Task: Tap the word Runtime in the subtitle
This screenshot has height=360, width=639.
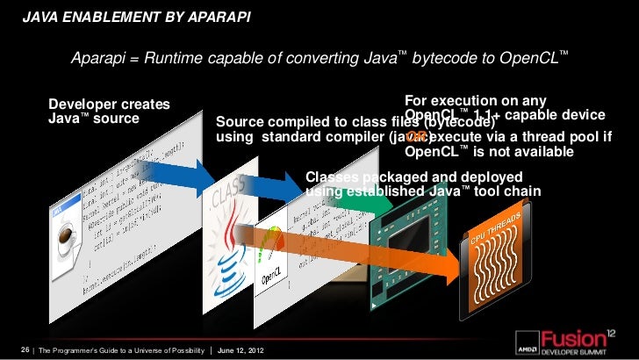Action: [178, 60]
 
